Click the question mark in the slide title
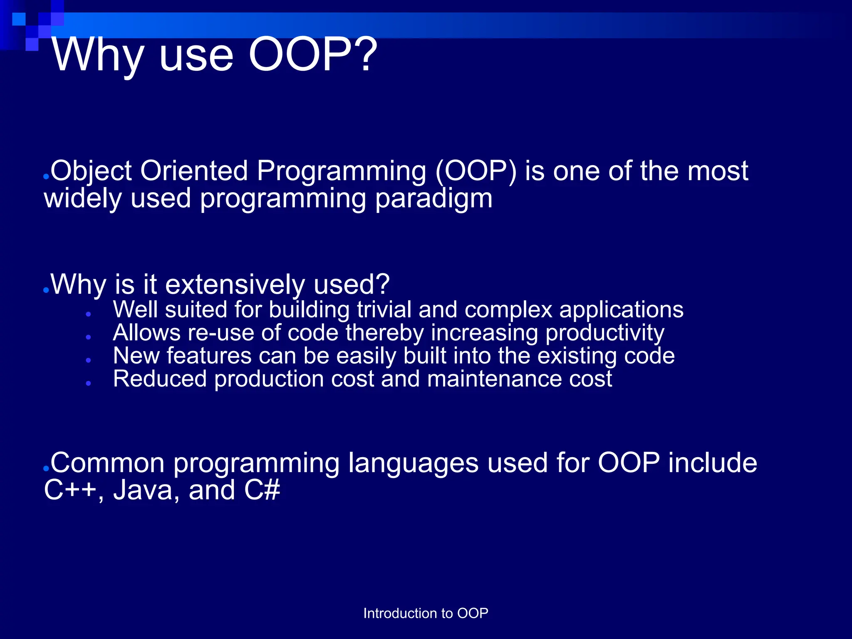pos(365,54)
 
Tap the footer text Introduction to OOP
pos(426,613)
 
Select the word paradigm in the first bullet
pos(434,199)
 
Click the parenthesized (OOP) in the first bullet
pos(476,171)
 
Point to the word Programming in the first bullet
pos(341,172)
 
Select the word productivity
pos(605,334)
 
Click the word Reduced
pos(160,379)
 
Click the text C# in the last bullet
pos(262,490)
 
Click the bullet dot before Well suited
pos(89,315)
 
